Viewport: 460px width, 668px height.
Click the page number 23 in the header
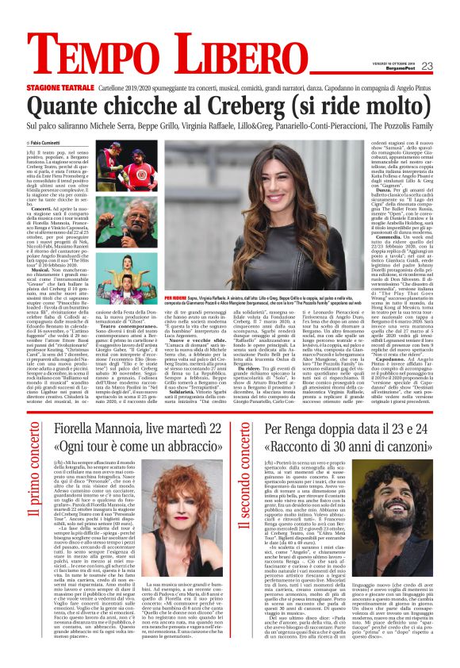(x=427, y=66)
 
